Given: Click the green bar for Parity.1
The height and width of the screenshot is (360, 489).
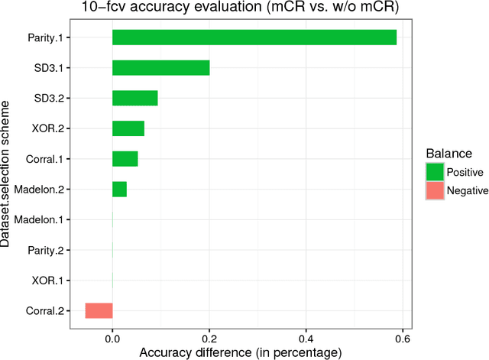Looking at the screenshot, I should (254, 37).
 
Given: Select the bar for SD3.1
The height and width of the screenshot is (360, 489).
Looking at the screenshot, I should (160, 68).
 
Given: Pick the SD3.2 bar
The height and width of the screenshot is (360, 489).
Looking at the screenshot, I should (134, 98).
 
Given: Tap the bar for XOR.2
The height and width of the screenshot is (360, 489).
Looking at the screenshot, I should (128, 128).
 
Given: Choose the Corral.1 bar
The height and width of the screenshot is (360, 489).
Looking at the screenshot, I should (125, 158).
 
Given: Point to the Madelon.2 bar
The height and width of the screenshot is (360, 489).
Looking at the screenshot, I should (119, 189).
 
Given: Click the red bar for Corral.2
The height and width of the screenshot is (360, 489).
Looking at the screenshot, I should (99, 310).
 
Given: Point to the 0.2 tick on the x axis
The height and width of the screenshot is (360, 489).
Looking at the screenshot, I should (209, 338).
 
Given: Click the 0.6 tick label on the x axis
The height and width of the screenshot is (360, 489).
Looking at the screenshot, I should (402, 338).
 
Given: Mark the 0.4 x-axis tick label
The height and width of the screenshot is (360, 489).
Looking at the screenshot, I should (306, 338).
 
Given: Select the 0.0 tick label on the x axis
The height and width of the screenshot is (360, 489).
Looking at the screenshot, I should (112, 338).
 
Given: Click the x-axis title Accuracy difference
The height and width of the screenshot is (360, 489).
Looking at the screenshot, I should (239, 352).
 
